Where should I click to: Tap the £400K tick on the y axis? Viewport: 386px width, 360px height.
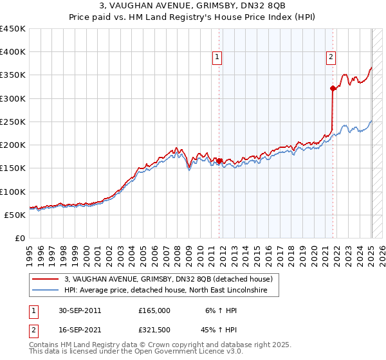(x=13, y=52)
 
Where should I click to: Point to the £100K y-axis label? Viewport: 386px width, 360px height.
(x=13, y=192)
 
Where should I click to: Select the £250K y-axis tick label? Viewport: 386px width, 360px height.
(x=13, y=122)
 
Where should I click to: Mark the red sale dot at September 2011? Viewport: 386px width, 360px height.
(x=219, y=161)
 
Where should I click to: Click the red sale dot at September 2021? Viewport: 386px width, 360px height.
(x=333, y=89)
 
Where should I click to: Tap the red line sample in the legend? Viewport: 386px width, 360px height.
(x=45, y=279)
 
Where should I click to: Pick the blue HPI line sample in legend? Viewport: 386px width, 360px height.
(x=45, y=291)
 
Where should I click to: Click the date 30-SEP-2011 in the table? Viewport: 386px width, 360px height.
(x=79, y=310)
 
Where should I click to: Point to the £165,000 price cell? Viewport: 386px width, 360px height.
(x=154, y=310)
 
